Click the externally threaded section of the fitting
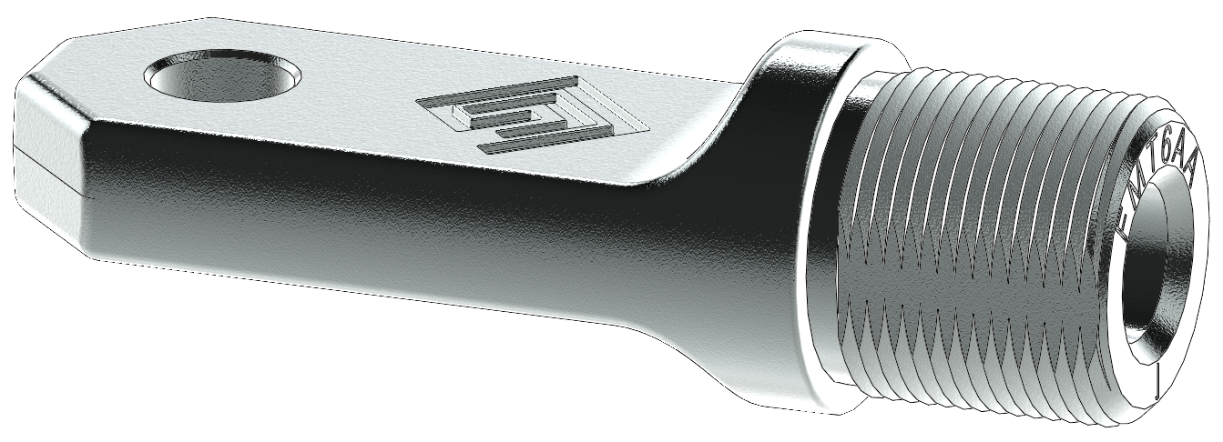[x=983, y=246]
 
